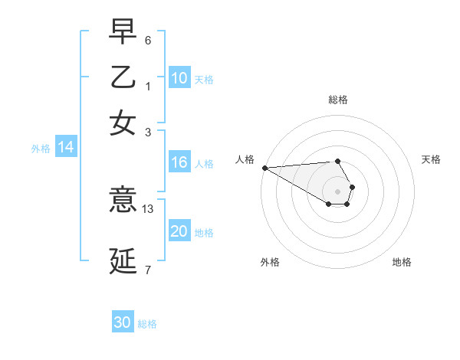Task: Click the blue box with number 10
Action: [179, 78]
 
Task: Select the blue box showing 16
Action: [179, 162]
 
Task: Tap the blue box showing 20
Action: [179, 232]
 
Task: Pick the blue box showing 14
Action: [66, 148]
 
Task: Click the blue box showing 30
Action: [123, 323]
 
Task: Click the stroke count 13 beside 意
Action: [149, 208]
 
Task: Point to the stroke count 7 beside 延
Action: [147, 270]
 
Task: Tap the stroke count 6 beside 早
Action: [147, 39]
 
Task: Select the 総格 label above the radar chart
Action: [338, 100]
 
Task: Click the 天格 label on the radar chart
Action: [431, 159]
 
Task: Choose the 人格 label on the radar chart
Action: [245, 159]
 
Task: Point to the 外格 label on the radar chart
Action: [270, 262]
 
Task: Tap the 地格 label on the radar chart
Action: [402, 262]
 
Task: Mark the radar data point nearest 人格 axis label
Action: [264, 168]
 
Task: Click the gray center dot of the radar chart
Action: [338, 191]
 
